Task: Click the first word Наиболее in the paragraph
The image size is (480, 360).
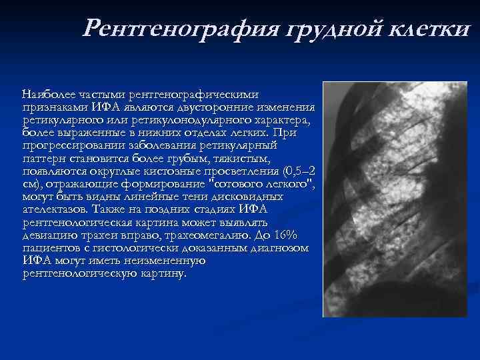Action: pyautogui.click(x=49, y=95)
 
